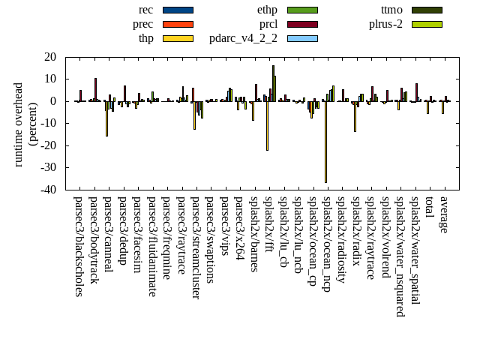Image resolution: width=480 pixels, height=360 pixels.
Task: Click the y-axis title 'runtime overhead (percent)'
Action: click(x=25, y=124)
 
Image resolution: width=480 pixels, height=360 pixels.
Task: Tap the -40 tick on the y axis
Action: click(x=49, y=190)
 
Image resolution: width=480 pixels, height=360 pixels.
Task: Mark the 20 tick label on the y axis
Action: click(x=50, y=57)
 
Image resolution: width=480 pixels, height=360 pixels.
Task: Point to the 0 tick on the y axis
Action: click(x=53, y=101)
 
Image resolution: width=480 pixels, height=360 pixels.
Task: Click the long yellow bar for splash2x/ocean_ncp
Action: click(x=325, y=142)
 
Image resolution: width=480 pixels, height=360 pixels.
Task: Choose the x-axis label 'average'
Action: click(x=444, y=214)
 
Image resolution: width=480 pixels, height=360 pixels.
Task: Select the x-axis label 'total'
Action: click(x=429, y=209)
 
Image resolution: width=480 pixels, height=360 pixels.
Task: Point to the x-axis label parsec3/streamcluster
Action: click(x=196, y=247)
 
